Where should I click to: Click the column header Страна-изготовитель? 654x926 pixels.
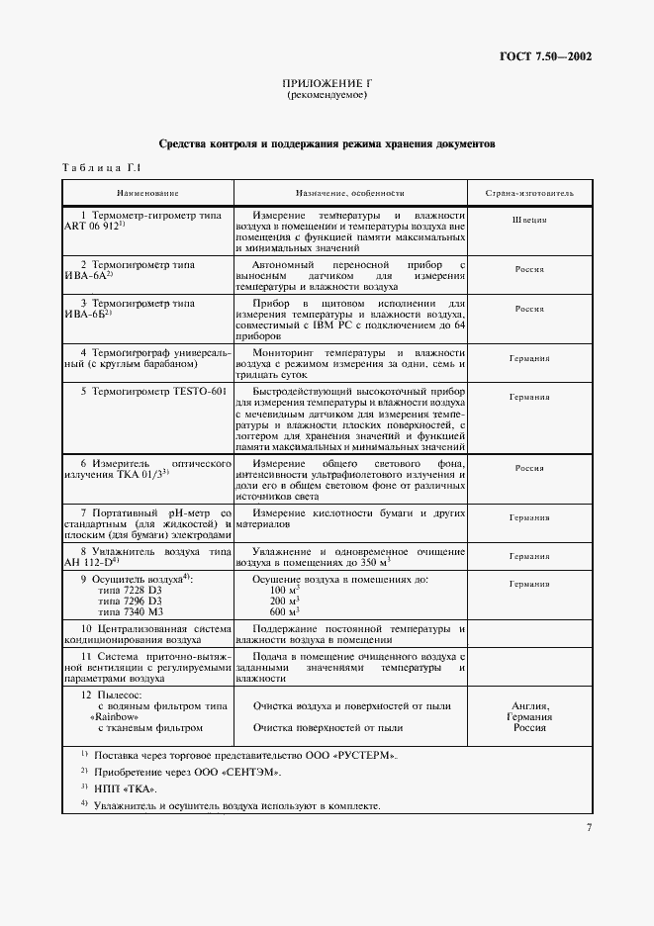pos(529,192)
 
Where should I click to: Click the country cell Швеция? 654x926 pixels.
pos(529,219)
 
